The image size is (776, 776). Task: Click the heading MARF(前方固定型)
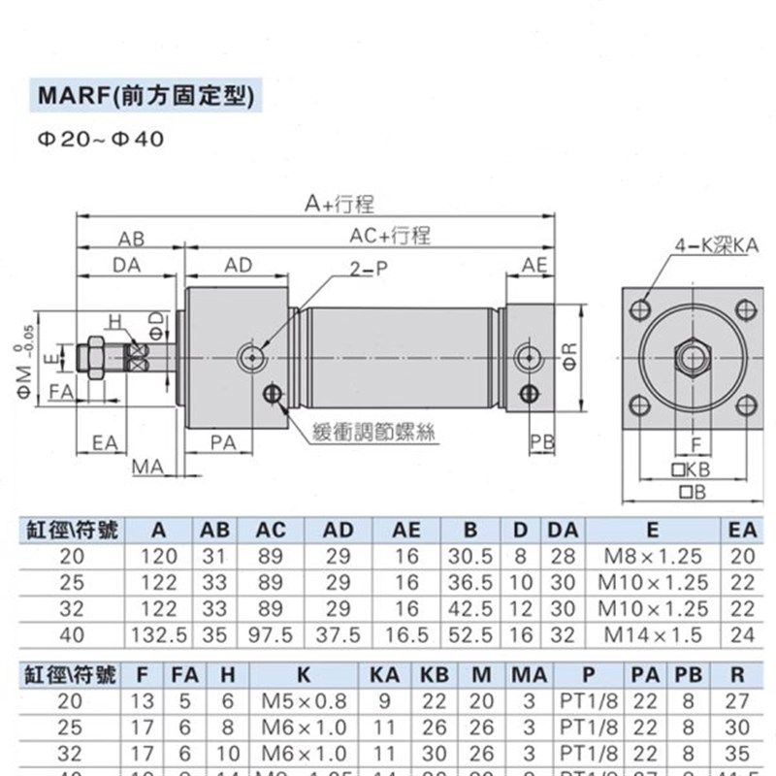click(x=145, y=98)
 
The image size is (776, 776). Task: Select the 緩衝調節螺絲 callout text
click(x=373, y=433)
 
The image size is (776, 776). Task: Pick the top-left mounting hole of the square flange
click(x=640, y=309)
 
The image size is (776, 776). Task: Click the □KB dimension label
click(x=692, y=469)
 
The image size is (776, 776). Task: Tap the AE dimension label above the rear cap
click(x=534, y=265)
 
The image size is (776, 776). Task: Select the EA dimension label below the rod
click(x=105, y=442)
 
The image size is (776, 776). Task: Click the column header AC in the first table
click(x=271, y=531)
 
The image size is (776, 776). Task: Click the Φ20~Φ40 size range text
click(x=101, y=139)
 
